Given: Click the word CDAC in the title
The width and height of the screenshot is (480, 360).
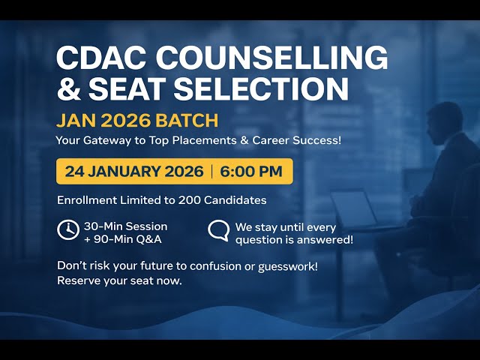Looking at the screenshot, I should coord(104,58).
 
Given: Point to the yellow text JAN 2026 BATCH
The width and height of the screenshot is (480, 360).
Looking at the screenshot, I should coord(137,120).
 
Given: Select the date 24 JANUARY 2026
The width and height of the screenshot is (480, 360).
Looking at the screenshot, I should coord(134,171).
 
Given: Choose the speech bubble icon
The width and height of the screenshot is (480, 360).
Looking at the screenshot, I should coord(218,231).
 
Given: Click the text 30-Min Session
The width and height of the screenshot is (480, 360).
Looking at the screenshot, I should coord(125,226).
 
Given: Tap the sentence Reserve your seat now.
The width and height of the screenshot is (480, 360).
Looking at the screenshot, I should coord(120,280).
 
